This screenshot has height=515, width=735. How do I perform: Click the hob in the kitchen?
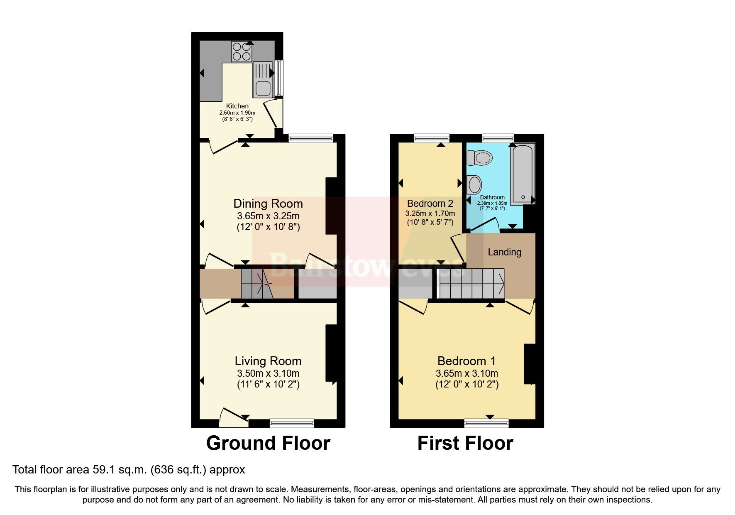tap(241, 52)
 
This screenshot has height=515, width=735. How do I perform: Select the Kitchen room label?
tap(237, 106)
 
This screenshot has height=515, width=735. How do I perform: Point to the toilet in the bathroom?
tap(480, 158)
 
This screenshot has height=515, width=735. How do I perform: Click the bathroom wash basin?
tap(474, 184)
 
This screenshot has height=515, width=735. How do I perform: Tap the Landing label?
tap(504, 252)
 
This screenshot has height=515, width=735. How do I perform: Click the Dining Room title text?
tap(268, 204)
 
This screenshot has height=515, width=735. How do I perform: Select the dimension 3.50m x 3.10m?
tap(268, 373)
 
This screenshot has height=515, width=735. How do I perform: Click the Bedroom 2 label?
tap(430, 204)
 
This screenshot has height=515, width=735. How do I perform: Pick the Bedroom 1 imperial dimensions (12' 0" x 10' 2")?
tap(467, 384)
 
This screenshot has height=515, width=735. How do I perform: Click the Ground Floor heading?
tap(268, 443)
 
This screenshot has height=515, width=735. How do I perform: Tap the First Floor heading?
tap(465, 443)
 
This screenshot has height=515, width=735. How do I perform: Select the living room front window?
tap(292, 423)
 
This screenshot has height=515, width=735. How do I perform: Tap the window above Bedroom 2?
tap(432, 138)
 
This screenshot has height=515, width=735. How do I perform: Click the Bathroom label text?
tap(492, 198)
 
